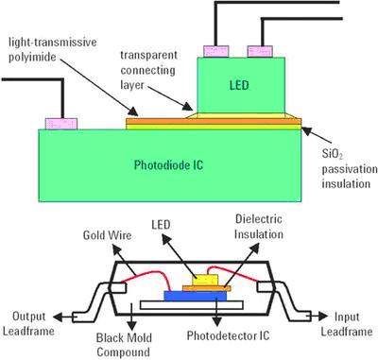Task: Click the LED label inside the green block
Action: click(239, 85)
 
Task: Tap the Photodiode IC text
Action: click(168, 165)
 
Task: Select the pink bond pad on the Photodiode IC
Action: click(61, 124)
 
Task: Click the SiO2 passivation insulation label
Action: click(349, 169)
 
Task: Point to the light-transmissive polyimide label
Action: click(52, 50)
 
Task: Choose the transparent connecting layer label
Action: click(149, 70)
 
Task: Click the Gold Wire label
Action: click(107, 235)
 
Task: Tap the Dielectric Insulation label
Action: click(259, 227)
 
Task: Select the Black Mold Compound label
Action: click(124, 345)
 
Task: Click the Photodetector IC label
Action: click(228, 335)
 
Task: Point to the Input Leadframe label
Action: click(347, 324)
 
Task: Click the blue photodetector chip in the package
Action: click(196, 296)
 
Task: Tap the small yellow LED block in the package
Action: click(205, 280)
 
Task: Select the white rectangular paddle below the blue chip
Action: click(192, 305)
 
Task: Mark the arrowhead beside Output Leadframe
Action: click(59, 317)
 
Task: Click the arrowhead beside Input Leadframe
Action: click(322, 317)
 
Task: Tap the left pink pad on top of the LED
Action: click(216, 51)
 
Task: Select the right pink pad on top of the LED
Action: click(260, 51)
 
